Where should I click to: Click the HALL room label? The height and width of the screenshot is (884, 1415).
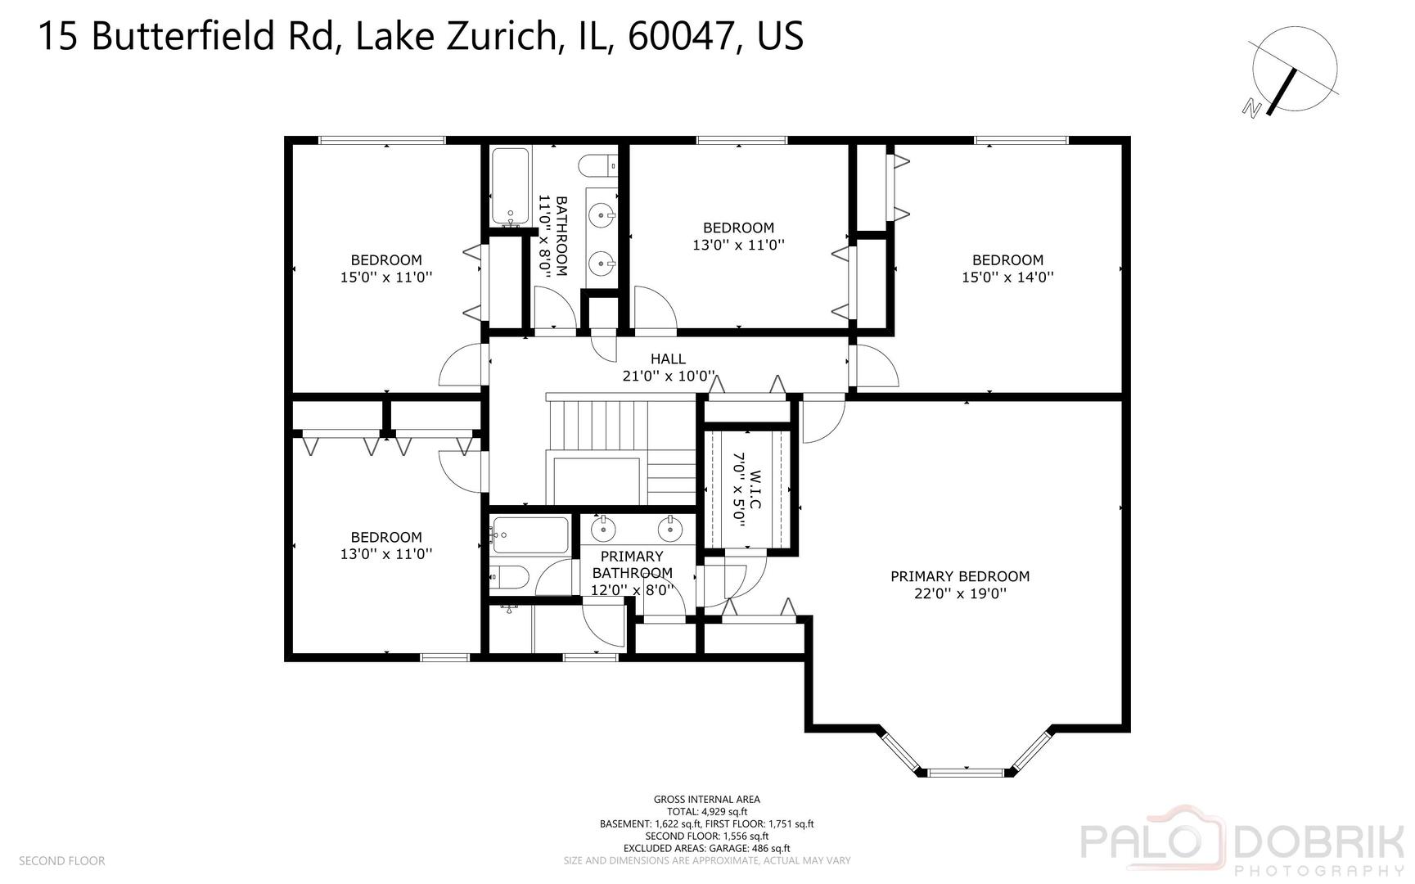pyautogui.click(x=668, y=359)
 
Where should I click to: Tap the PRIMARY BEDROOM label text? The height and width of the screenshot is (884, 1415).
pyautogui.click(x=960, y=576)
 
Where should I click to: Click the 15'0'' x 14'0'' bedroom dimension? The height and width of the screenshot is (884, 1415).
pyautogui.click(x=1007, y=277)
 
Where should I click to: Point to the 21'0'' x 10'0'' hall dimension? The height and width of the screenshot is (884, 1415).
pyautogui.click(x=669, y=377)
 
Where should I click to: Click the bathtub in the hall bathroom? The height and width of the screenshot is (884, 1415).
pyautogui.click(x=511, y=187)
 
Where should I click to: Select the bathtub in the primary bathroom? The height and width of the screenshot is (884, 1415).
pyautogui.click(x=529, y=536)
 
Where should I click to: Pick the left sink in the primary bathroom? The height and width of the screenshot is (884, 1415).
pyautogui.click(x=603, y=529)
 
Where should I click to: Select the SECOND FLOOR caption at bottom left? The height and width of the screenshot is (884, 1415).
pyautogui.click(x=61, y=861)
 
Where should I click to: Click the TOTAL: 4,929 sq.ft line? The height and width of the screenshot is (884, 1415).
pyautogui.click(x=706, y=812)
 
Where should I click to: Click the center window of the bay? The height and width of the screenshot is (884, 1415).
pyautogui.click(x=967, y=771)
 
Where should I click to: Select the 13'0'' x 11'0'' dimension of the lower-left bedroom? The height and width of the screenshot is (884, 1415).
pyautogui.click(x=385, y=554)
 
